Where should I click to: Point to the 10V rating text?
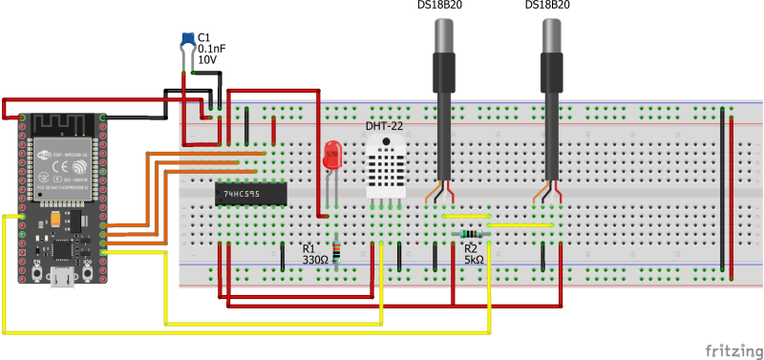pos(207,59)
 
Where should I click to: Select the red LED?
pos(331,156)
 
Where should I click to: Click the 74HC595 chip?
pos(251,193)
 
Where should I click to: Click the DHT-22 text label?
pos(384,126)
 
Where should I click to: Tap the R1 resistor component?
pos(335,251)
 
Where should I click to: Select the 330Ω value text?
pos(315,260)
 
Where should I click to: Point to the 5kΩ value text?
pos(475,260)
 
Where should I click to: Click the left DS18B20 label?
pos(440,6)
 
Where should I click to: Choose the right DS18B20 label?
pos(547,6)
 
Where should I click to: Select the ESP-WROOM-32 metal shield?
pos(61,168)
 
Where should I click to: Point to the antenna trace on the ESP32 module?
pos(59,125)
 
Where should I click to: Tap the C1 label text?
pos(203,36)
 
